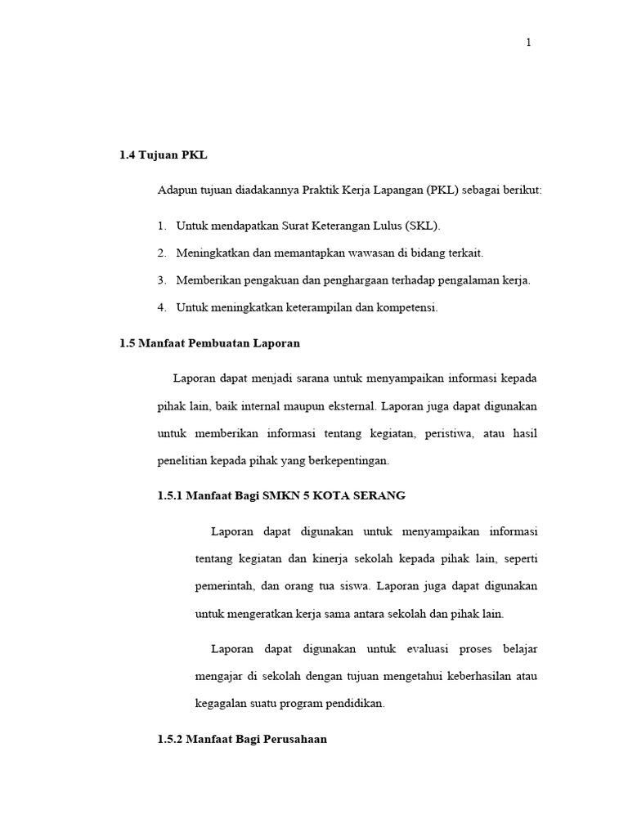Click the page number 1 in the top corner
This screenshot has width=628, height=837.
tap(528, 43)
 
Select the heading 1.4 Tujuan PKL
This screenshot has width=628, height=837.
tap(158, 155)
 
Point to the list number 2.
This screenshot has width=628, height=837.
tap(162, 253)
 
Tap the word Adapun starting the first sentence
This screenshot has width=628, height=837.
tap(177, 190)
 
